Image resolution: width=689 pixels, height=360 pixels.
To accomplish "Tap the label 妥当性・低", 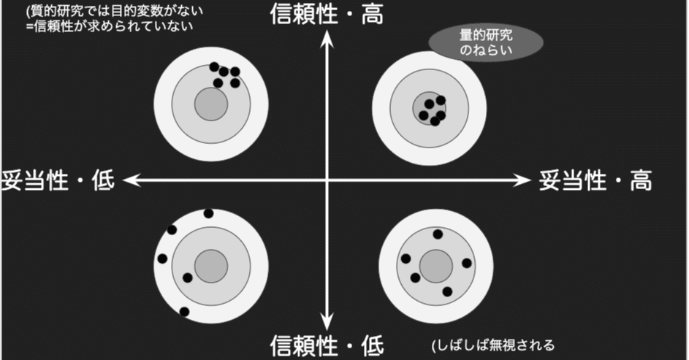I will [58, 180].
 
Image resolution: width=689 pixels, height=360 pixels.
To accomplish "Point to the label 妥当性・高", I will [595, 180].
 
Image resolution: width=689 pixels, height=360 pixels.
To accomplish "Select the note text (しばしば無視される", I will [493, 345].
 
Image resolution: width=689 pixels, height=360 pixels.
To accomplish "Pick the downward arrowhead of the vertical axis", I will [328, 322].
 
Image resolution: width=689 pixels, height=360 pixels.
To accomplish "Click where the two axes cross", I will [328, 180].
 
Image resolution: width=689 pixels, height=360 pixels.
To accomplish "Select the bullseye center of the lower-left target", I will [210, 264].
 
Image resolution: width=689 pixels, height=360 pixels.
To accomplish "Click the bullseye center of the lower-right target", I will [435, 264].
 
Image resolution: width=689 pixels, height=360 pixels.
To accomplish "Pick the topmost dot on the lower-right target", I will [438, 234].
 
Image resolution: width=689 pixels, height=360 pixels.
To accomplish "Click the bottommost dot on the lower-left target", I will [184, 312].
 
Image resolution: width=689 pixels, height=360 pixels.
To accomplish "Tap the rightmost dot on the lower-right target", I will [467, 263].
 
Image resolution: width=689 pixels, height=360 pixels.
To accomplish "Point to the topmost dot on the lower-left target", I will [208, 213].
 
